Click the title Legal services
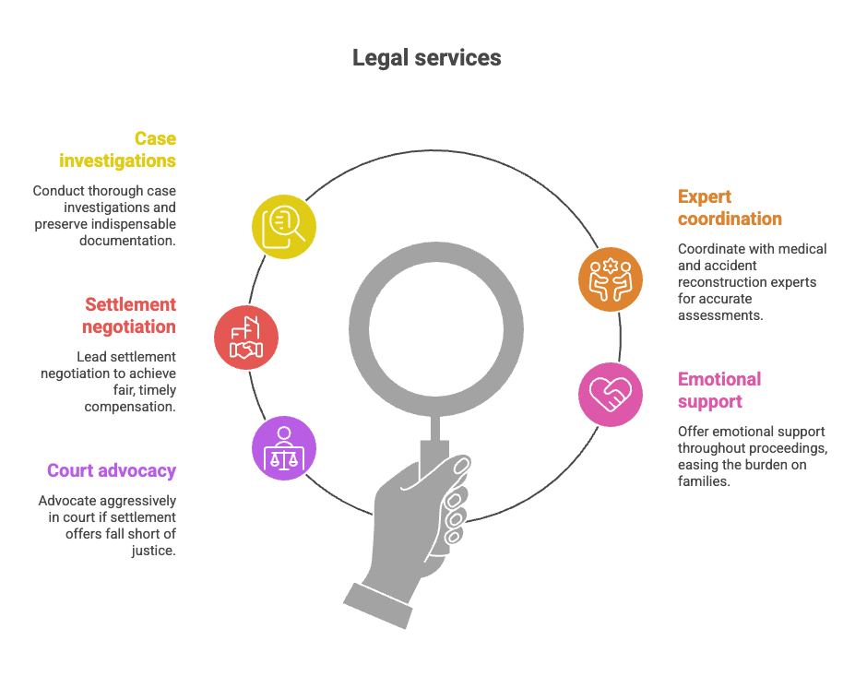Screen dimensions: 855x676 (x=426, y=58)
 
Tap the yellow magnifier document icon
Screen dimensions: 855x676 (x=283, y=226)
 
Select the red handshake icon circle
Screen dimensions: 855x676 (x=246, y=338)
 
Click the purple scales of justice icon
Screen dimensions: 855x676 (x=283, y=448)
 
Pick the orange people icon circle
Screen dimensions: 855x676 (x=611, y=279)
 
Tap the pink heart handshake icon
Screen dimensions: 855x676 (x=611, y=394)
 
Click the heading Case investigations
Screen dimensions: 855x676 (x=118, y=150)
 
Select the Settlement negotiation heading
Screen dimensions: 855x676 (x=129, y=315)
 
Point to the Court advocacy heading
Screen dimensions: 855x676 (x=112, y=470)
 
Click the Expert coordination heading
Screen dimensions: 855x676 (x=730, y=208)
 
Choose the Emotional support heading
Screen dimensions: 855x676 (x=719, y=390)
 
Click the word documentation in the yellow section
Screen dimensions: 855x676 (x=127, y=241)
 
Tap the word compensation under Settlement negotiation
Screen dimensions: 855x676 (x=130, y=407)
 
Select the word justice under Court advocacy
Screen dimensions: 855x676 (x=153, y=551)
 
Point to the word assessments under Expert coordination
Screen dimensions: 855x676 (x=720, y=315)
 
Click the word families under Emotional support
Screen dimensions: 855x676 (x=704, y=481)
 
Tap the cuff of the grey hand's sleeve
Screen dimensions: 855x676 (x=378, y=606)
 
